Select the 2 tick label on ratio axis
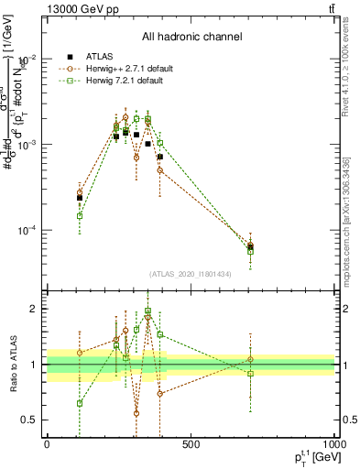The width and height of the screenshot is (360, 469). [x=34, y=309]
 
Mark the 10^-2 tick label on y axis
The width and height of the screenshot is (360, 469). [x=27, y=60]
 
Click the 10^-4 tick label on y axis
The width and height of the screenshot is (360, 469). [x=27, y=230]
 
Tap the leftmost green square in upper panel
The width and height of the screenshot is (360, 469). [x=80, y=216]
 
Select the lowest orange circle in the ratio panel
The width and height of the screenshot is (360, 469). [x=136, y=413]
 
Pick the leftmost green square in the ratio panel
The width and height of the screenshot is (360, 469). [x=80, y=403]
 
